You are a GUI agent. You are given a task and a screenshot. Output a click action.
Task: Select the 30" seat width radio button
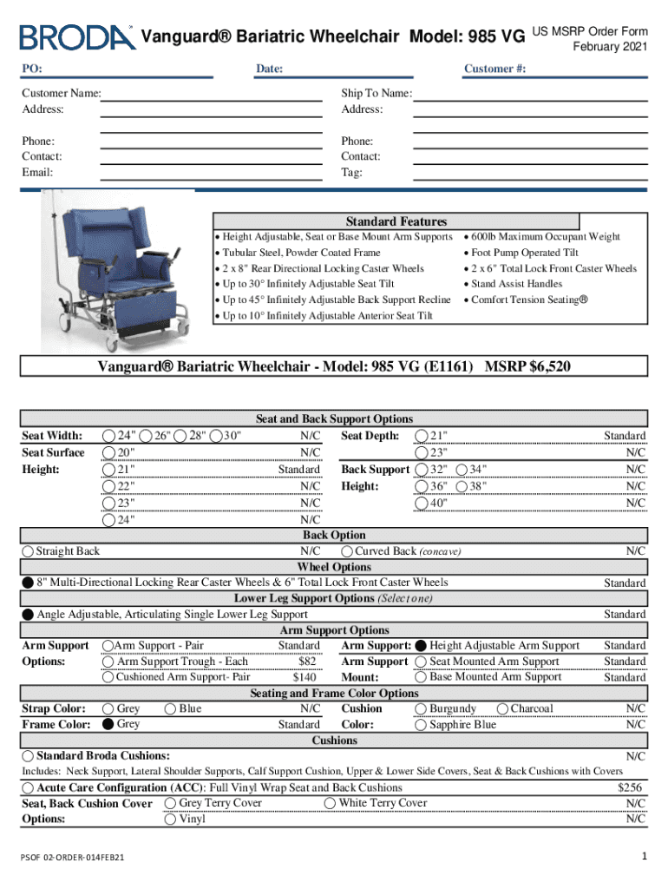(x=215, y=436)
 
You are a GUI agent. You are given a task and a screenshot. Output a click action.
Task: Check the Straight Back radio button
(x=29, y=551)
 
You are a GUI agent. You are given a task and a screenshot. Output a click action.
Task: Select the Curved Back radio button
(x=347, y=551)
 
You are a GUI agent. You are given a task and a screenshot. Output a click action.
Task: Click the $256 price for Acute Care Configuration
(x=631, y=787)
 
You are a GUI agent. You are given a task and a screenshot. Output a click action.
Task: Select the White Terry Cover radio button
(x=331, y=803)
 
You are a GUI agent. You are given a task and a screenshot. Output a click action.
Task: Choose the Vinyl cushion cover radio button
(x=170, y=819)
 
